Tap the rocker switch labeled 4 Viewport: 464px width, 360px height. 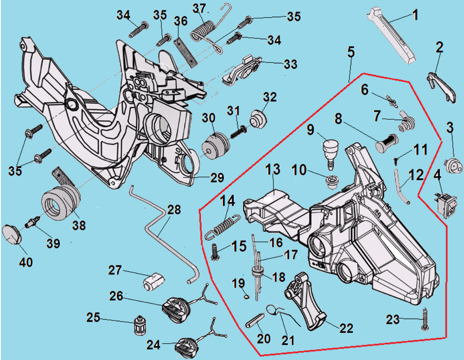445,205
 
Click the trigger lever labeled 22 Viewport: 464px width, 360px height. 307,300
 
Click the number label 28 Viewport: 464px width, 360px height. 174,210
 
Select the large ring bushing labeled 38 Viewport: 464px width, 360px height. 62,201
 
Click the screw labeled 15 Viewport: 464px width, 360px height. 216,251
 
